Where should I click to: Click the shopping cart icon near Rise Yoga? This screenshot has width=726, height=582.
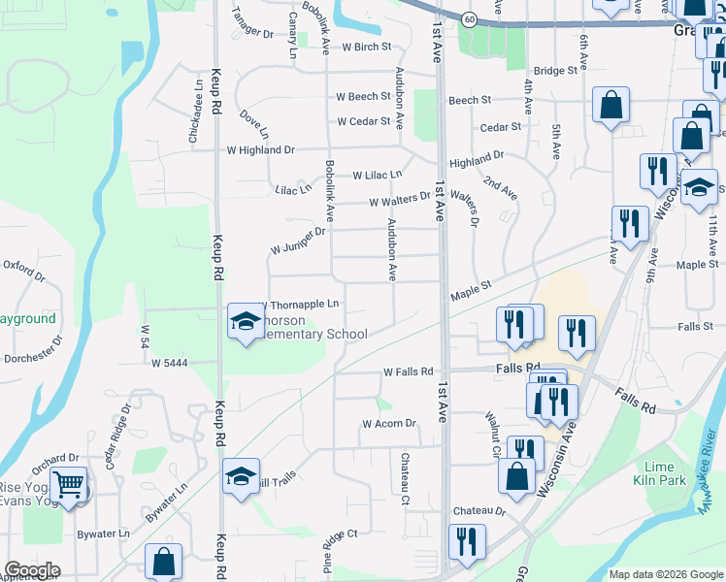point(67,484)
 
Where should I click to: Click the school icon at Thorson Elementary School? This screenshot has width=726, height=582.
point(245,320)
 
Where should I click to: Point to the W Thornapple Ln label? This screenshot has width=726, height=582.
point(301,305)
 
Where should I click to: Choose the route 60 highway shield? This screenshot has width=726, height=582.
point(468,19)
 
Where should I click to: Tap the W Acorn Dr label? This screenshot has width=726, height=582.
point(388,424)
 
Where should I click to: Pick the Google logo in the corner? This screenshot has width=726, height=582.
point(33,570)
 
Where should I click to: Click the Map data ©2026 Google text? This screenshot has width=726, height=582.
point(665,574)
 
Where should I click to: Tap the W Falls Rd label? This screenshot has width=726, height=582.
point(408,372)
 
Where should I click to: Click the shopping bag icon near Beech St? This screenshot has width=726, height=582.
point(611,107)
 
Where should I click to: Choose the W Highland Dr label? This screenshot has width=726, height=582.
point(260,150)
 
